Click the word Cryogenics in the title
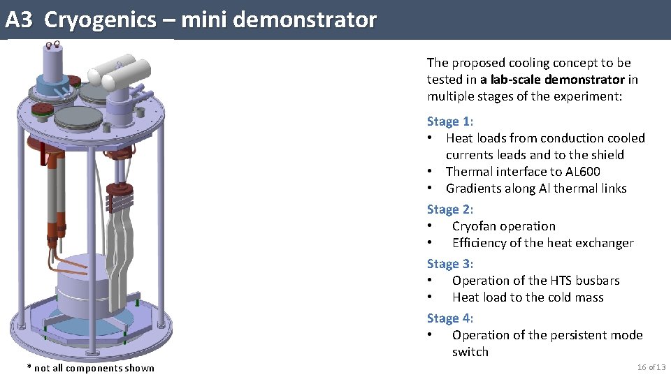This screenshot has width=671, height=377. pyautogui.click(x=100, y=20)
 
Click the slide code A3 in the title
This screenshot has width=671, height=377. pyautogui.click(x=19, y=20)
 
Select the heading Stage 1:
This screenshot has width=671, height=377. pyautogui.click(x=450, y=121)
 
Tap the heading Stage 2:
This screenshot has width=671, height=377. pyautogui.click(x=450, y=209)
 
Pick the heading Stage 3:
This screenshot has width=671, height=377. pyautogui.click(x=450, y=264)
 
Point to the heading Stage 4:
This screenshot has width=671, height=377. pyautogui.click(x=450, y=318)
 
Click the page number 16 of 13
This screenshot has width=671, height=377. pyautogui.click(x=651, y=367)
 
